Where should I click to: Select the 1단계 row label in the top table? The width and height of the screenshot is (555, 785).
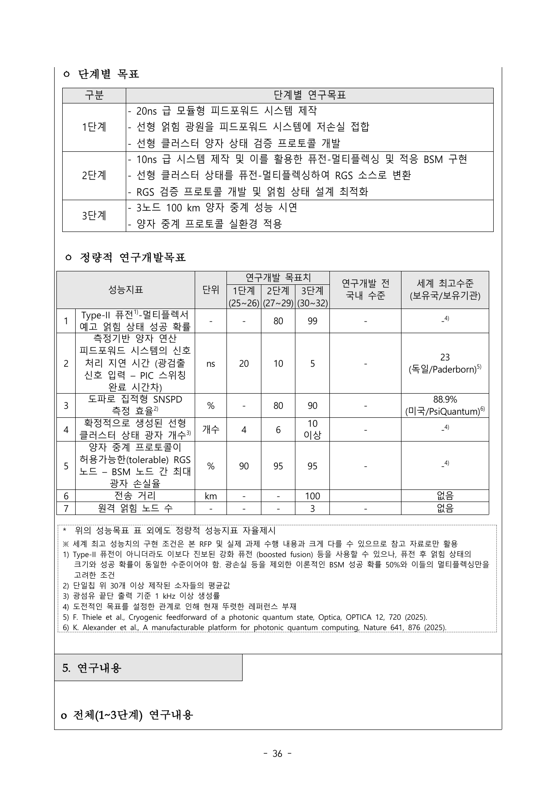[x=94, y=127]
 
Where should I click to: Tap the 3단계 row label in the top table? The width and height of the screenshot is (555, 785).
[x=94, y=216]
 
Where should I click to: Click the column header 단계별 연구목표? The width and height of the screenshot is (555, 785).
[x=309, y=95]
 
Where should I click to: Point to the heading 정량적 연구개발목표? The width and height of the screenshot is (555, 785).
[x=132, y=258]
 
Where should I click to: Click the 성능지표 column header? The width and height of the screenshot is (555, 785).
[x=126, y=290]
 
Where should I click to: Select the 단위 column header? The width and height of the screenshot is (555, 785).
[x=211, y=290]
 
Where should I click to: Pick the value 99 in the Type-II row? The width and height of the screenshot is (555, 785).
[x=312, y=321]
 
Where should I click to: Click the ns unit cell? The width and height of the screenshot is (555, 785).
[x=211, y=364]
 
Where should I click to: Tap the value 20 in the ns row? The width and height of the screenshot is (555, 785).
[x=244, y=364]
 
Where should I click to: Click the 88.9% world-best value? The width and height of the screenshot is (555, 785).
[x=445, y=400]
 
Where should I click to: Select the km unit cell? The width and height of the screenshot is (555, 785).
[x=211, y=496]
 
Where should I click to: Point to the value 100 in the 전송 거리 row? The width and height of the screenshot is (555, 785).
[x=312, y=496]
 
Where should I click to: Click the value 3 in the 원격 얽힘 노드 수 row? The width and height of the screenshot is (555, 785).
[x=312, y=509]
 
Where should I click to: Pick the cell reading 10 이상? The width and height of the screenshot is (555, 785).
[x=312, y=429]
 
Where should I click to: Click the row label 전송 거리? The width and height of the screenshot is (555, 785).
[x=135, y=496]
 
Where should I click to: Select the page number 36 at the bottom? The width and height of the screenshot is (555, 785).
[x=277, y=754]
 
